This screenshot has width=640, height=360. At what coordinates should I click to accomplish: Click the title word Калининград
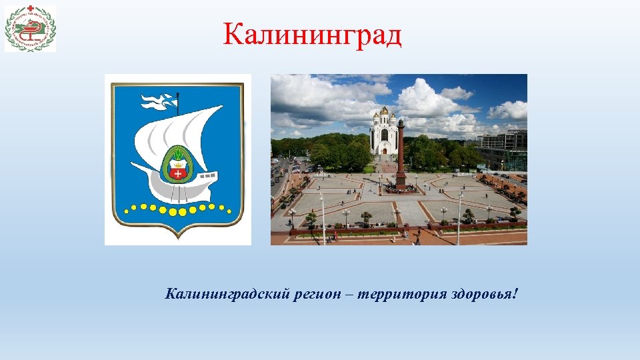click(313, 35)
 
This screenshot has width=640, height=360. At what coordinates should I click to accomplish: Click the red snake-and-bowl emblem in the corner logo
click(30, 29)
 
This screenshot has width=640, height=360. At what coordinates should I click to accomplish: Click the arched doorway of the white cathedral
click(383, 150)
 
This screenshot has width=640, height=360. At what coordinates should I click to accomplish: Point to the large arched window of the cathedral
click(384, 134)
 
